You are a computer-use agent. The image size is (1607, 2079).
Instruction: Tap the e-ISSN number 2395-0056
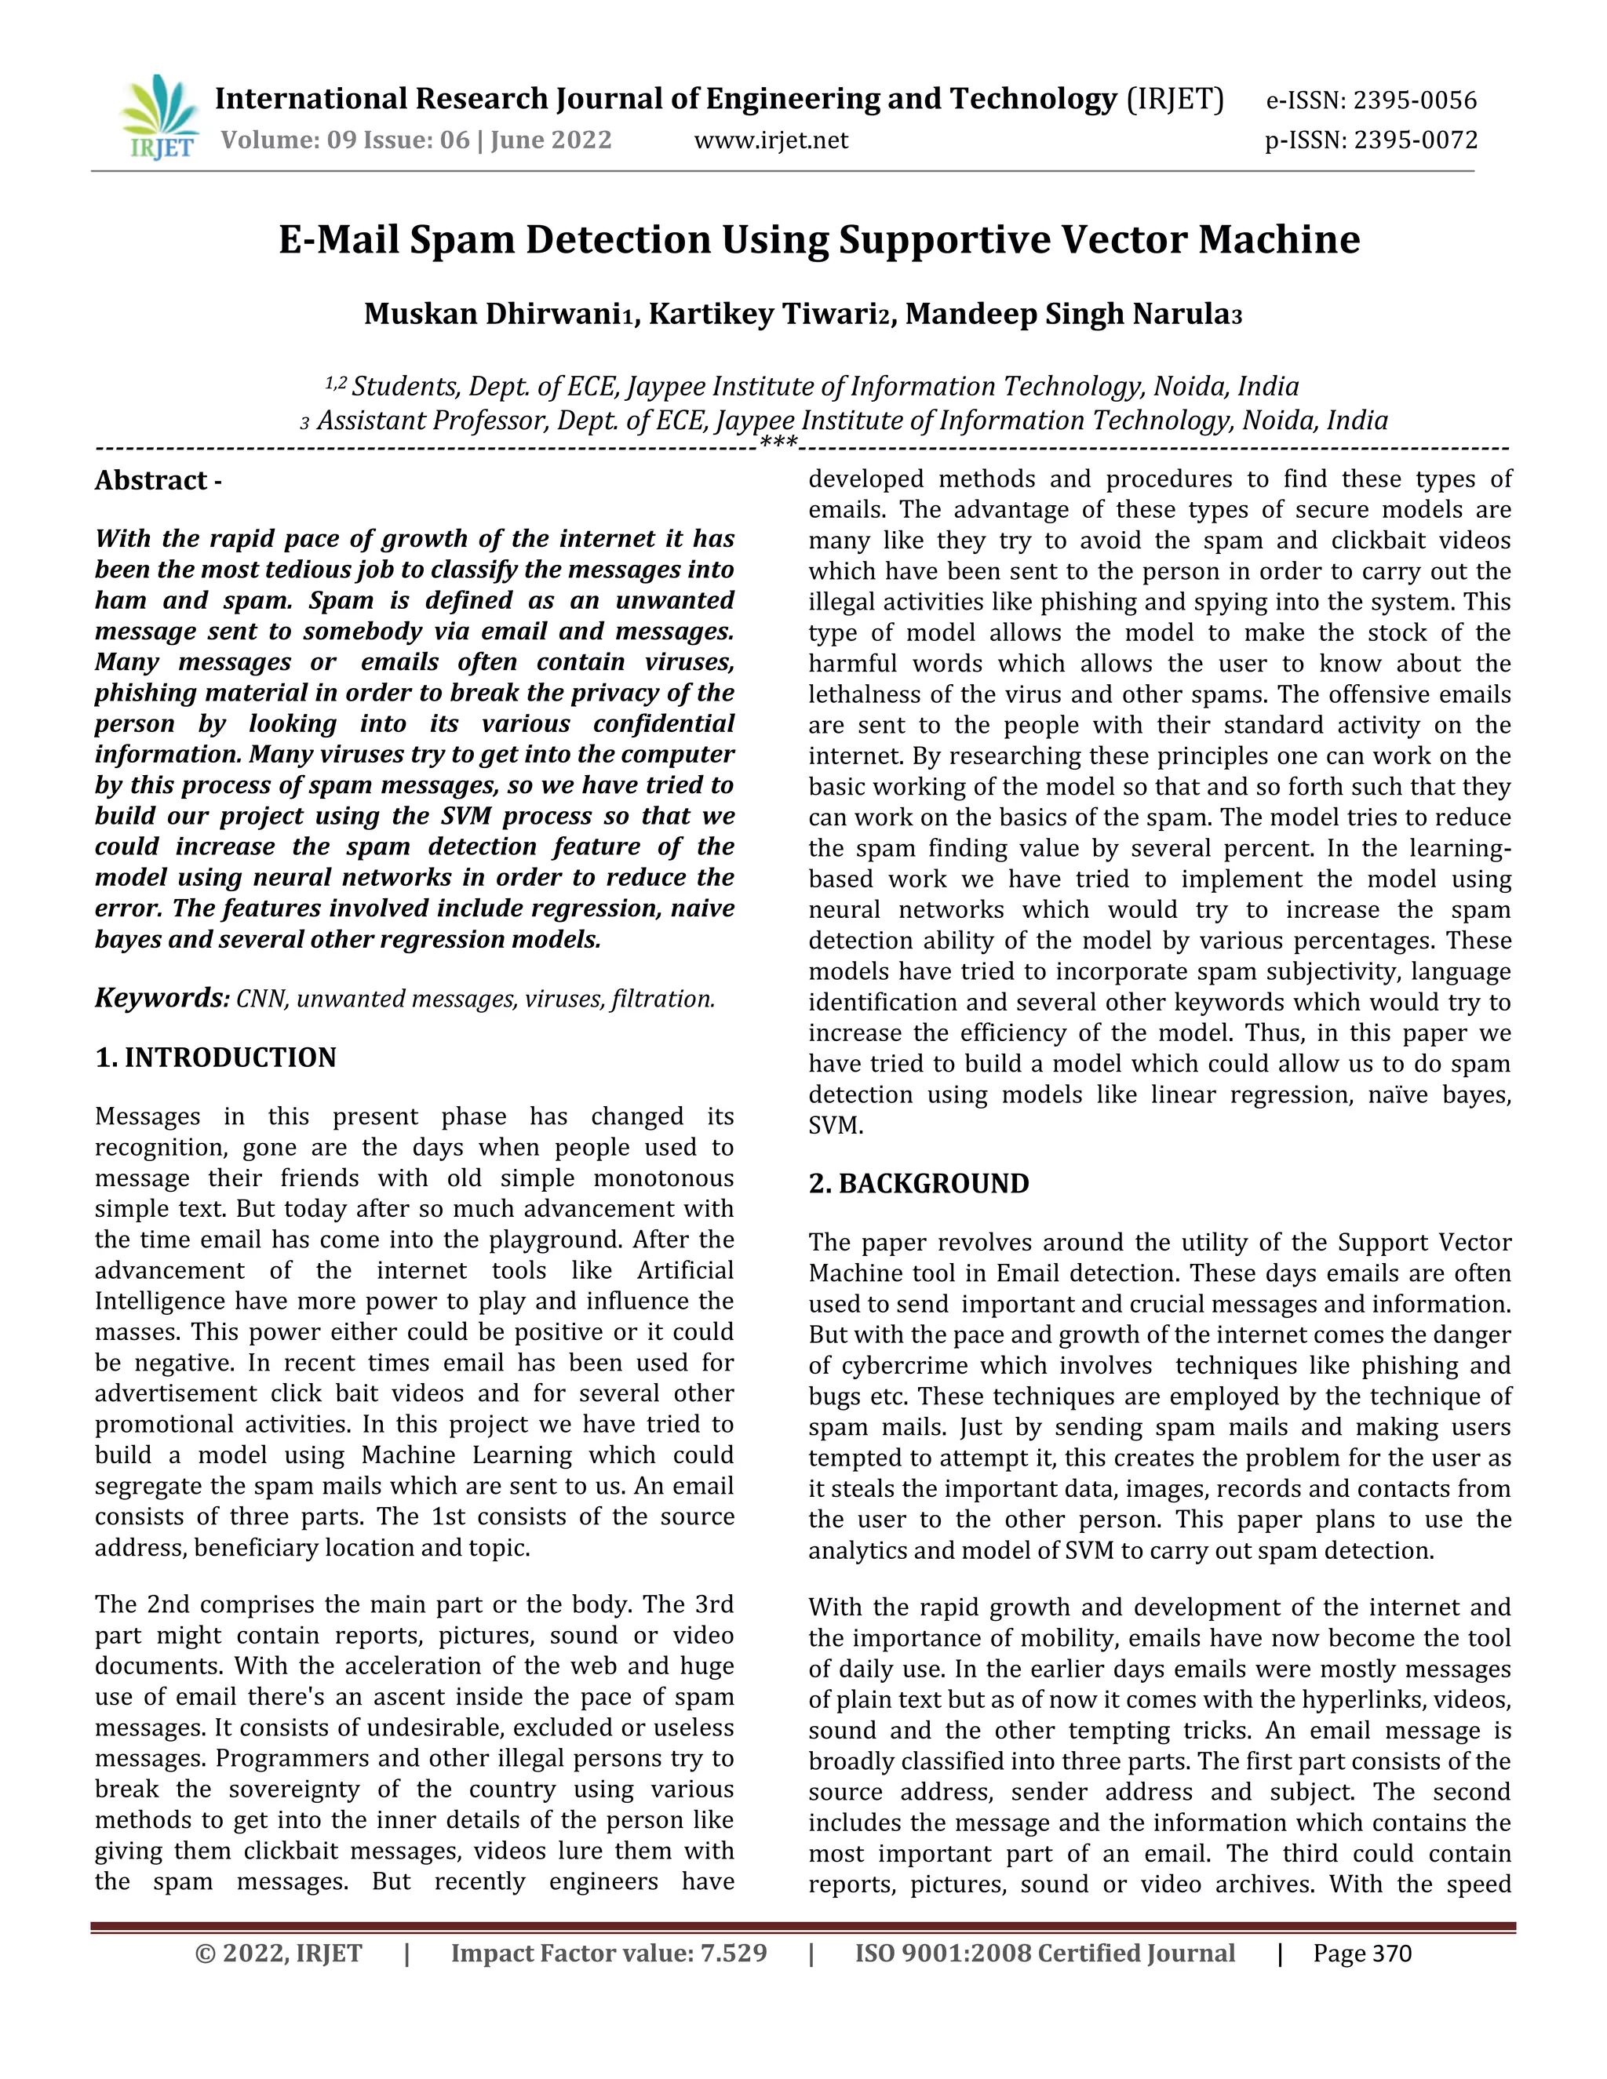point(1415,100)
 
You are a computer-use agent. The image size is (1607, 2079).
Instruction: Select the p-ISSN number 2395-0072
point(1416,141)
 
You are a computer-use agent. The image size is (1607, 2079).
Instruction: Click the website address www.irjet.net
point(771,141)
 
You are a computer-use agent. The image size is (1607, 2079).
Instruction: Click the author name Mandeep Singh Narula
point(1066,314)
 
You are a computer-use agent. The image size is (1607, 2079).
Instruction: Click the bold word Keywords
point(160,998)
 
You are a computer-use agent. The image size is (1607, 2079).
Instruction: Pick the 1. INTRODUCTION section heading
point(215,1058)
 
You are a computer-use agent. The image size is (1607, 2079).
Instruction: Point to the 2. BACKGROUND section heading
point(919,1183)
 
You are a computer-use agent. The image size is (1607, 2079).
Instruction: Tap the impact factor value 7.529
point(733,1953)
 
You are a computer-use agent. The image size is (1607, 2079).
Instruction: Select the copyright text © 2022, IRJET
point(278,1953)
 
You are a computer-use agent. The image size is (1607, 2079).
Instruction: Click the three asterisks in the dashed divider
point(778,442)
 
